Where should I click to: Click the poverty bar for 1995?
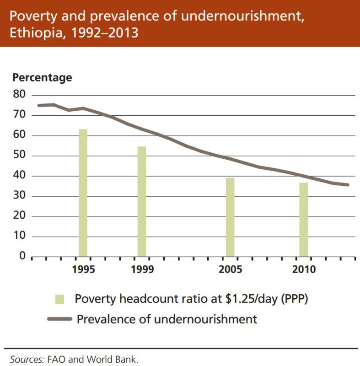[83, 193]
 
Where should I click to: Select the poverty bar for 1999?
[142, 202]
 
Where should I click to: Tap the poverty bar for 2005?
[230, 217]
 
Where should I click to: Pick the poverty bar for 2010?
[304, 220]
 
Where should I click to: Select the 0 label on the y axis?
[21, 256]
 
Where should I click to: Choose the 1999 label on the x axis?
[142, 269]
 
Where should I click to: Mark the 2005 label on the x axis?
[231, 269]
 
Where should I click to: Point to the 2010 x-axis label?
[304, 269]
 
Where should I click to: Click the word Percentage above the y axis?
[42, 78]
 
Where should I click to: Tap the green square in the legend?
[60, 299]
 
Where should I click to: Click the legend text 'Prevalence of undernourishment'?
[167, 319]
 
